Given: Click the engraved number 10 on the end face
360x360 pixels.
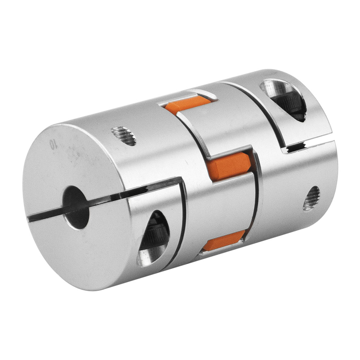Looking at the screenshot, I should coord(52,144).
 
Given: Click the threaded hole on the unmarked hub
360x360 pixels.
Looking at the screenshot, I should coord(311,198).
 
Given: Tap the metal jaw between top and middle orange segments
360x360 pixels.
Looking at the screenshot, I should coord(213,131).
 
